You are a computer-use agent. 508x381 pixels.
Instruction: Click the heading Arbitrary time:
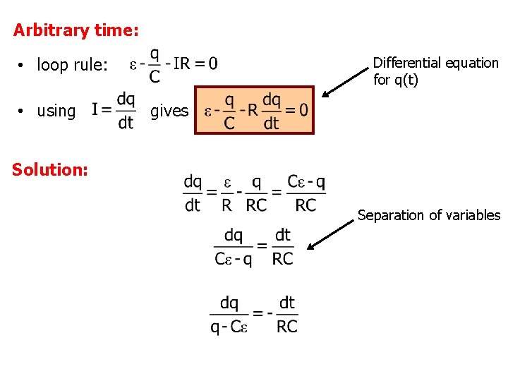click(x=76, y=30)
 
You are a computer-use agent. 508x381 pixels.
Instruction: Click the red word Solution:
click(x=50, y=170)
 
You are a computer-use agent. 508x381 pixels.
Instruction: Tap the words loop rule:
click(x=72, y=66)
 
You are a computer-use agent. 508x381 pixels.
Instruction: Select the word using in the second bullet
click(x=56, y=111)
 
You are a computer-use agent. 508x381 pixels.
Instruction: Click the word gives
click(x=170, y=111)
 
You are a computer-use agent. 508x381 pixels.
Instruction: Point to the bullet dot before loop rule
click(x=23, y=66)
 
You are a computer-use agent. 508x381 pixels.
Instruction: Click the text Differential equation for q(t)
click(x=435, y=71)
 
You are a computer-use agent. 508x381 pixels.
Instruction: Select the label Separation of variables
click(x=428, y=215)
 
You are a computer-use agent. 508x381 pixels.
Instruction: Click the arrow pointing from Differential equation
click(x=346, y=79)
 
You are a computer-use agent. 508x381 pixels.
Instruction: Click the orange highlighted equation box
click(x=255, y=111)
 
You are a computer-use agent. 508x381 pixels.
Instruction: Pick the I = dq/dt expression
click(x=114, y=111)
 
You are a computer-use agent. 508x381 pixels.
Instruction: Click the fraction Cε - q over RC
click(x=306, y=193)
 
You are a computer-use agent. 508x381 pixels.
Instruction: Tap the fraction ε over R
click(x=226, y=193)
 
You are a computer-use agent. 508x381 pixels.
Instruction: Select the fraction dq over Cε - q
click(x=234, y=247)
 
